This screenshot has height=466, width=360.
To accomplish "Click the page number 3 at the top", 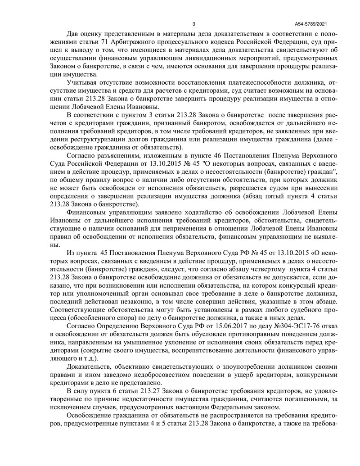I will coord(193,24).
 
